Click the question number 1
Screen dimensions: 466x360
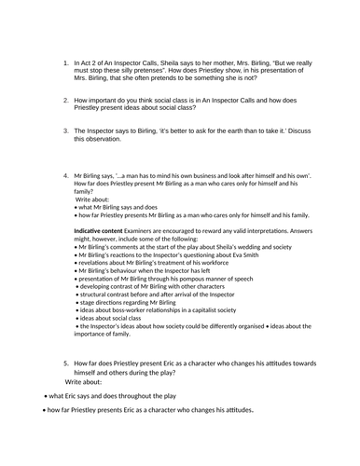(x=65, y=63)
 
